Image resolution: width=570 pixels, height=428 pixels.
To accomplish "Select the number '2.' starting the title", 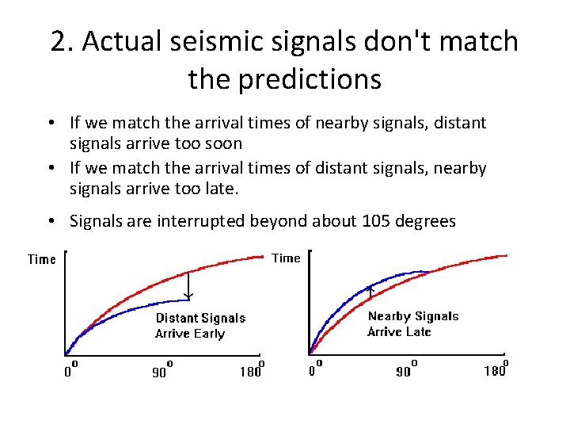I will click(x=63, y=42).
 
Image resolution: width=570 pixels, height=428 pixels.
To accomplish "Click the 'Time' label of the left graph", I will click(x=41, y=259).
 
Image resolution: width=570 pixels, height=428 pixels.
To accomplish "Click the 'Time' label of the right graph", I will click(x=286, y=258).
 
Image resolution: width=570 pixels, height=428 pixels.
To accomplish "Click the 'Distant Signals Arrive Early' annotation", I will click(x=200, y=326).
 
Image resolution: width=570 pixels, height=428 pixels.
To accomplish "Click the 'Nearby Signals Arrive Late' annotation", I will click(x=412, y=323).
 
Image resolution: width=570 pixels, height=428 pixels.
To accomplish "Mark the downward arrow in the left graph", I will click(x=188, y=285).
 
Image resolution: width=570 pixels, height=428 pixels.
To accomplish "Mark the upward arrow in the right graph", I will click(x=371, y=294).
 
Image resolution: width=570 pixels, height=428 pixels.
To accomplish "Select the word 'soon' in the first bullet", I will click(x=226, y=143).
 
